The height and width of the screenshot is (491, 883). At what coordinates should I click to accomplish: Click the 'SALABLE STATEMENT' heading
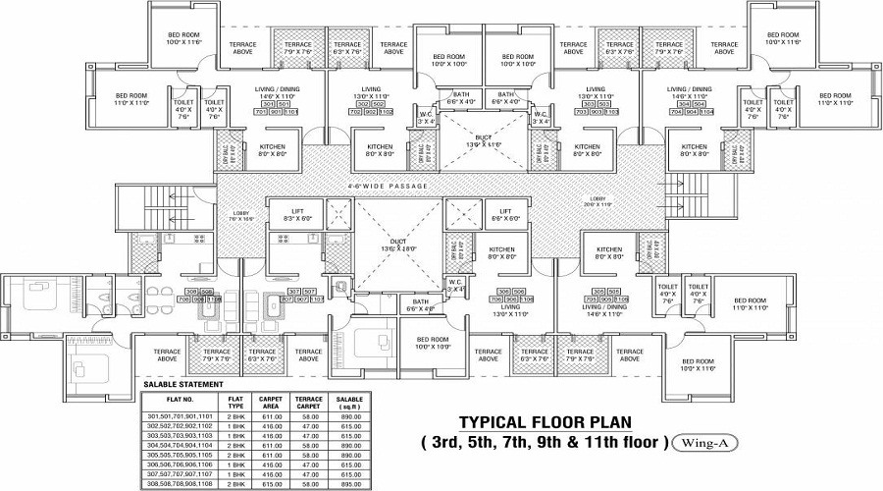pyautogui.click(x=183, y=384)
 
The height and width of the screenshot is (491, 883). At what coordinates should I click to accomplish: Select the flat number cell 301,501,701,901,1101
pyautogui.click(x=179, y=416)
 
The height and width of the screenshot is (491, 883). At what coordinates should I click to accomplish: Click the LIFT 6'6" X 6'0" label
pyautogui.click(x=503, y=214)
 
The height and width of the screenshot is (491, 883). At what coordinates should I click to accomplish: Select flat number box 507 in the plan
pyautogui.click(x=310, y=292)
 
